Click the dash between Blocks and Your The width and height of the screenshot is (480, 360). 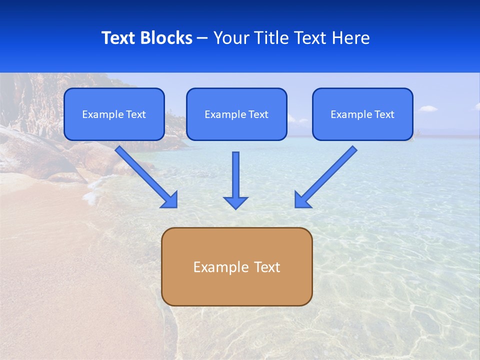202,38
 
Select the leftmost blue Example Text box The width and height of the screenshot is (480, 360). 114,114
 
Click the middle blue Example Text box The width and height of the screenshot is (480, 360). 236,114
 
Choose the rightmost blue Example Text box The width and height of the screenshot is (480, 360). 362,114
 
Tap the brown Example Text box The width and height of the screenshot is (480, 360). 236,266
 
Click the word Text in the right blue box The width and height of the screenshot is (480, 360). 384,114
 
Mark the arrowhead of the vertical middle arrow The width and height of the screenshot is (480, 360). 235,202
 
